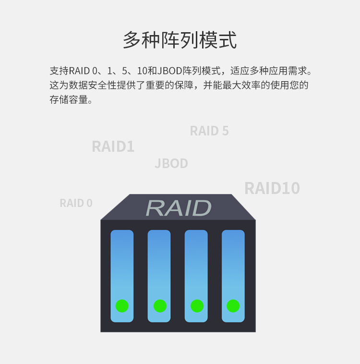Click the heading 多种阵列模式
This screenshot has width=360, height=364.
[x=180, y=40]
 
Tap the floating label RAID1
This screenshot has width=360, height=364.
[x=113, y=146]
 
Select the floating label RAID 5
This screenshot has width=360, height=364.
[x=209, y=131]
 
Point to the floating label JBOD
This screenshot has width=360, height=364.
[x=171, y=164]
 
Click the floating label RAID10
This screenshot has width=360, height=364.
[x=272, y=188]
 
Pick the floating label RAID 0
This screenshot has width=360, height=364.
[x=76, y=203]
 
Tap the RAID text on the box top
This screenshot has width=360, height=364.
[x=179, y=208]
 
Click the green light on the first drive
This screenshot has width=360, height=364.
[x=122, y=306]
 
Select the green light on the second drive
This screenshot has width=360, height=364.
[x=159, y=306]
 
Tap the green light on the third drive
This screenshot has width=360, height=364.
[x=197, y=306]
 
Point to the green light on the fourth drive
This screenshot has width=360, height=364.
[x=233, y=306]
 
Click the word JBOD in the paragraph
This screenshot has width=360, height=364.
[x=169, y=71]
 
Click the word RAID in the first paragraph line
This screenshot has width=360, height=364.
[x=79, y=71]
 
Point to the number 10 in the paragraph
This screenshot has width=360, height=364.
[x=142, y=71]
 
